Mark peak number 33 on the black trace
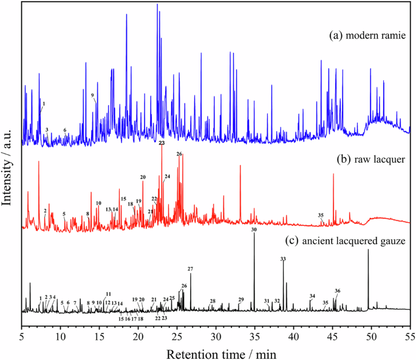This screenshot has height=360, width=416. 283,259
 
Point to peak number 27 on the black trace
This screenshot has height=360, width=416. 190,269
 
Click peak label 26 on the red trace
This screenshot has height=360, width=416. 179,154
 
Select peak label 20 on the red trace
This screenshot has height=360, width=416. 143,177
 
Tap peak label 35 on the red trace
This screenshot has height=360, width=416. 321,215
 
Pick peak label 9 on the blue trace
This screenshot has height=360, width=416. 93,95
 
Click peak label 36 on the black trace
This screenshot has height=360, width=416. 338,291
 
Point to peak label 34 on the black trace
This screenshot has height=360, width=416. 312,296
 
